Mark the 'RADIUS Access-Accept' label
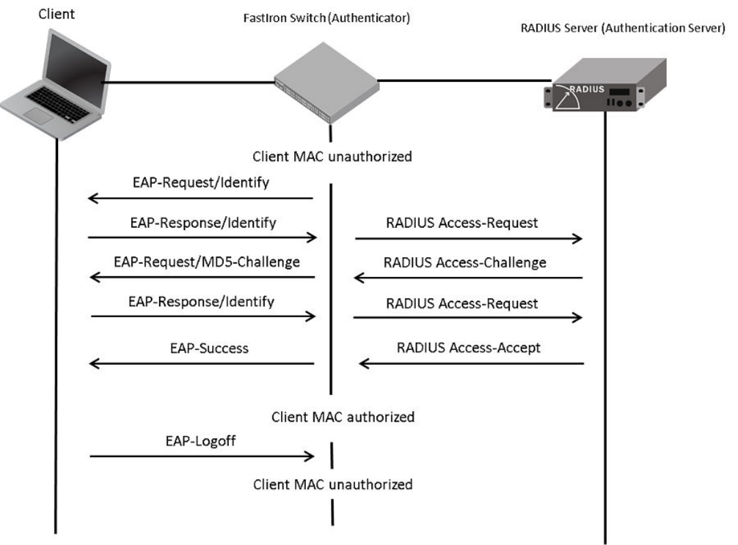pyautogui.click(x=468, y=348)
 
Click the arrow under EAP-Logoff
pyautogui.click(x=201, y=456)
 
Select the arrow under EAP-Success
pyautogui.click(x=201, y=364)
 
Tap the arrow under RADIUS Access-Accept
pyautogui.click(x=471, y=364)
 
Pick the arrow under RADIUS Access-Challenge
pyautogui.click(x=468, y=277)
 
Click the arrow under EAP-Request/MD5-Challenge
pyautogui.click(x=201, y=277)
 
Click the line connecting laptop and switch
pyautogui.click(x=188, y=83)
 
